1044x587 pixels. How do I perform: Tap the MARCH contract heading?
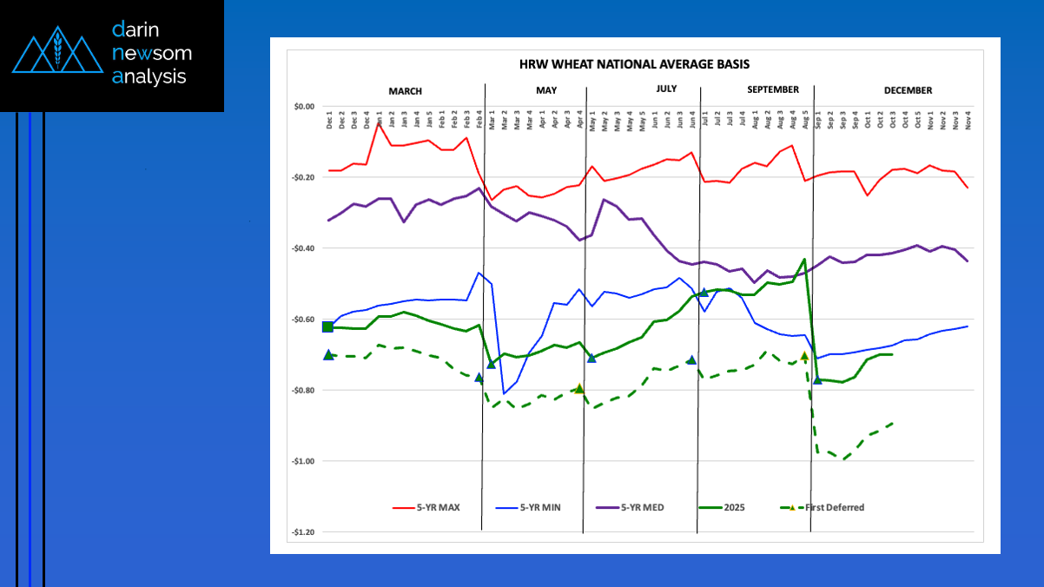[x=405, y=90]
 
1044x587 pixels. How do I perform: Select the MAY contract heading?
[x=546, y=90]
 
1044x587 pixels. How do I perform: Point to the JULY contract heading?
[x=666, y=89]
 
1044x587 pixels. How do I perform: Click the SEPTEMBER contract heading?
[x=772, y=89]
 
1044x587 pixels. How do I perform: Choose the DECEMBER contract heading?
[x=908, y=90]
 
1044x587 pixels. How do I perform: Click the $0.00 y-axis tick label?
[x=303, y=107]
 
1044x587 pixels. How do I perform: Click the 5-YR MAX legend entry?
[x=438, y=508]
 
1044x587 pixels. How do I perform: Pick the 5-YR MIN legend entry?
[x=539, y=508]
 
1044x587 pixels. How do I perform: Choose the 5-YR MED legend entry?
[x=642, y=508]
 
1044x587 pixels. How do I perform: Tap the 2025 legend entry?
[x=734, y=508]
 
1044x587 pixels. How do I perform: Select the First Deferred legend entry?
[x=833, y=508]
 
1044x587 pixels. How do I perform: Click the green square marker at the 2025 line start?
[x=327, y=326]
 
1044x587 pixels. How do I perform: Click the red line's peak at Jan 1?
[x=380, y=124]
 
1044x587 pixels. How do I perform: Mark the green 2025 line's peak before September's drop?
[x=804, y=259]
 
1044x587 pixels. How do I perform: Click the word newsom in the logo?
[x=152, y=53]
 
